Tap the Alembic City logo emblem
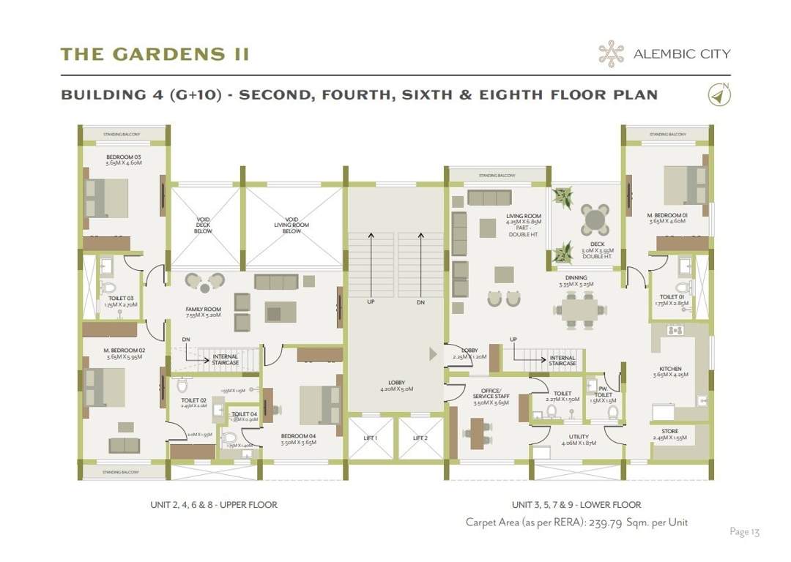point(611,53)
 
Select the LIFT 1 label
point(371,438)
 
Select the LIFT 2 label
point(420,438)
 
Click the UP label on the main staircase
point(371,301)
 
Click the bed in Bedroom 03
point(107,197)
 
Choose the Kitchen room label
point(670,369)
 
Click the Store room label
point(669,432)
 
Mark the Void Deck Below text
point(203,225)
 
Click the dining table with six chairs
point(580,309)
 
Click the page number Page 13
point(744,531)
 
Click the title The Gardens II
point(155,54)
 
